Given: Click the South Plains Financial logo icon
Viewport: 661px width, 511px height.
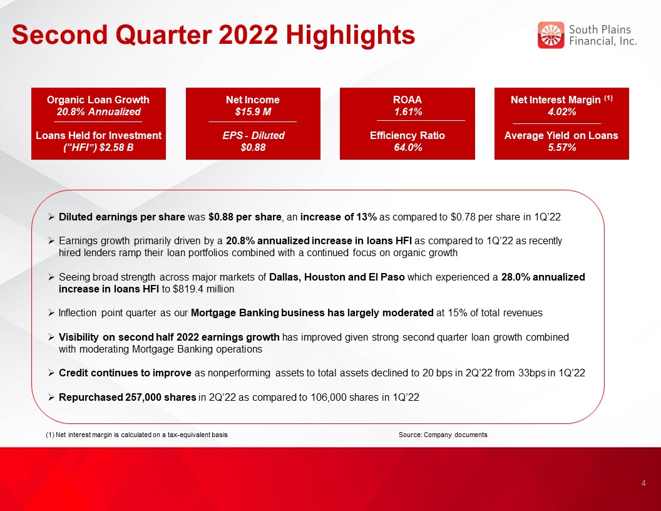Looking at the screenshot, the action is click(x=551, y=35).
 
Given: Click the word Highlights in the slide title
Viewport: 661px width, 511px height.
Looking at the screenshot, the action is click(x=351, y=35).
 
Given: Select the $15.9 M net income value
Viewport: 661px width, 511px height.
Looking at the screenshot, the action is click(x=253, y=111).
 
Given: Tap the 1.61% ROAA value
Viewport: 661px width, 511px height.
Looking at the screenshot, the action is click(x=407, y=111).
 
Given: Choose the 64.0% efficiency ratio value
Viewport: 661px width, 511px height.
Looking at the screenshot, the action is click(x=407, y=147).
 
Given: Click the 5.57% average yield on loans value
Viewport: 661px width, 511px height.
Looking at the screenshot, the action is click(x=561, y=147).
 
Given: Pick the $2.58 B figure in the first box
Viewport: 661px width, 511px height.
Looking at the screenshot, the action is click(x=115, y=147).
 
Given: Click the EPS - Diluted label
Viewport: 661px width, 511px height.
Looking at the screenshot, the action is click(x=254, y=135).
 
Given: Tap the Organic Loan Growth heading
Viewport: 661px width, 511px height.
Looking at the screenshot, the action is click(x=98, y=100).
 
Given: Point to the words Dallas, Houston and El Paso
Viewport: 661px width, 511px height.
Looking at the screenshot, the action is click(x=337, y=277).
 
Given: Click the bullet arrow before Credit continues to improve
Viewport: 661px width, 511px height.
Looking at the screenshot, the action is click(x=51, y=373).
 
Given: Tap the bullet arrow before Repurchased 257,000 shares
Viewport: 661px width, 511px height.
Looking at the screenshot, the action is click(x=51, y=398).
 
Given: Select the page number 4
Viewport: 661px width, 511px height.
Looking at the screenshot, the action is click(x=643, y=483).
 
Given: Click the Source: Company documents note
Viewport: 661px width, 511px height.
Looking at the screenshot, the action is click(x=443, y=435).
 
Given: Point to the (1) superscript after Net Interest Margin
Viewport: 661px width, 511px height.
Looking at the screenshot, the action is click(x=608, y=98).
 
